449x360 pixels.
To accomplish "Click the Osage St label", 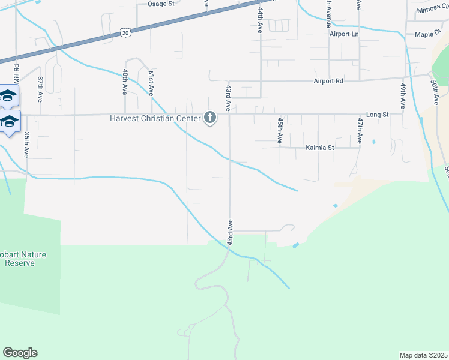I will [x=160, y=4].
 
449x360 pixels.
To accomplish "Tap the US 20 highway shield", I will [x=125, y=32].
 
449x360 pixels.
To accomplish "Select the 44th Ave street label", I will [x=260, y=20].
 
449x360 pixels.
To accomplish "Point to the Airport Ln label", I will [x=343, y=34].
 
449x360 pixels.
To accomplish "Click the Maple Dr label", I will [x=427, y=34].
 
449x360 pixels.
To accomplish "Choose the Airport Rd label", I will [x=328, y=80].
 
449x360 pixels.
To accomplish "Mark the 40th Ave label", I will [x=125, y=82].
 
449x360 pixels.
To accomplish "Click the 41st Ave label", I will [x=151, y=82].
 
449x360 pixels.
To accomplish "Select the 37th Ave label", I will [x=41, y=89].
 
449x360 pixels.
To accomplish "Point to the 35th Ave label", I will [x=26, y=145].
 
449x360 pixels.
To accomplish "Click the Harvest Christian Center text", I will [x=155, y=118].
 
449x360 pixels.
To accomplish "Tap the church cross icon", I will [x=210, y=118].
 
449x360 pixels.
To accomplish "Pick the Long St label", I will [x=378, y=114].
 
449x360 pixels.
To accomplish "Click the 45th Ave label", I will [x=280, y=130].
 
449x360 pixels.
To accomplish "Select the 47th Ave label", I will [x=360, y=130].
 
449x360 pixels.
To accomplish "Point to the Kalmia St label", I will [x=319, y=147].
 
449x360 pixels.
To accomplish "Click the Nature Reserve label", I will [x=24, y=259].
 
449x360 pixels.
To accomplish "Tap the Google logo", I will [x=20, y=353].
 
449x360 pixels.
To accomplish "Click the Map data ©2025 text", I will [x=423, y=355].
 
